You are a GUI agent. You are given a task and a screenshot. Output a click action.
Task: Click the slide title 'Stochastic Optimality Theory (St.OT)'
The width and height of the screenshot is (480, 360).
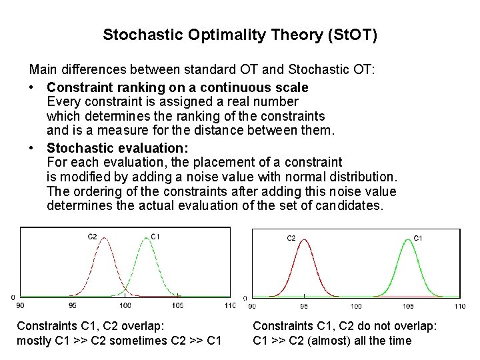(240, 34)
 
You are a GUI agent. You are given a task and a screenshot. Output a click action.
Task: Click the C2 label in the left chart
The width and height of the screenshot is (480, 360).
(93, 236)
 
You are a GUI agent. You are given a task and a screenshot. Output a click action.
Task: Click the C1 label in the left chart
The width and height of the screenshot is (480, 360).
(155, 236)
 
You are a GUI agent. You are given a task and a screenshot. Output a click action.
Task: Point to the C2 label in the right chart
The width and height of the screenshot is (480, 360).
(291, 237)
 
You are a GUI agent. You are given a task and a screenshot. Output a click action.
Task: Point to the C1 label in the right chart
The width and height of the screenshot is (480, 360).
(418, 237)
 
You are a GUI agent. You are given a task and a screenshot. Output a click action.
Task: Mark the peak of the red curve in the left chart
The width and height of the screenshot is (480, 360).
(103, 241)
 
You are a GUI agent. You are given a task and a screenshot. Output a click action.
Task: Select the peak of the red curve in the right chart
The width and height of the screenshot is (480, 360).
(303, 242)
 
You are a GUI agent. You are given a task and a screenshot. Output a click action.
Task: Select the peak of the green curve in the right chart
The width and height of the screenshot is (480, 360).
(407, 242)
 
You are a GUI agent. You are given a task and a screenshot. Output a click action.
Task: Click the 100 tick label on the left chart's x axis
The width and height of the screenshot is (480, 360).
(125, 305)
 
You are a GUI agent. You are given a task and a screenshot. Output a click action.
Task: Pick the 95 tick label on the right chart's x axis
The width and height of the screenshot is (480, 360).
(303, 306)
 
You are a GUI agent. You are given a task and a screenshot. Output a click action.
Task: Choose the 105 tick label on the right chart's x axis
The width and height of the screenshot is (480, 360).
(407, 306)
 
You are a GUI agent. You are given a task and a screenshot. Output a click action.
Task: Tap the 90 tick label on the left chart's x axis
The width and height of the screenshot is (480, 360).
(20, 305)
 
